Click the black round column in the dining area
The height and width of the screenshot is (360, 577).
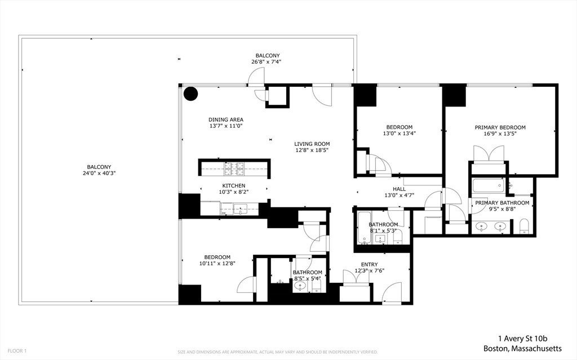[x=191, y=94]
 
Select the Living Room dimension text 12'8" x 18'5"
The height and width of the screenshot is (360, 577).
[x=311, y=150]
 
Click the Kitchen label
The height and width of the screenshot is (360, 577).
[x=233, y=185]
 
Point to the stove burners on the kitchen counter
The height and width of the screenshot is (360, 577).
[x=233, y=167]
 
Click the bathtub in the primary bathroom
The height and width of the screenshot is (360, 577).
[x=488, y=185]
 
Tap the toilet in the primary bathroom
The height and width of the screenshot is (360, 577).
[x=523, y=226]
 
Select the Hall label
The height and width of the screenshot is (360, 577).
[x=399, y=189]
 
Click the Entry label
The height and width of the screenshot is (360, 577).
[x=369, y=264]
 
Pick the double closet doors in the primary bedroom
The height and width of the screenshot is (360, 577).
[x=488, y=153]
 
